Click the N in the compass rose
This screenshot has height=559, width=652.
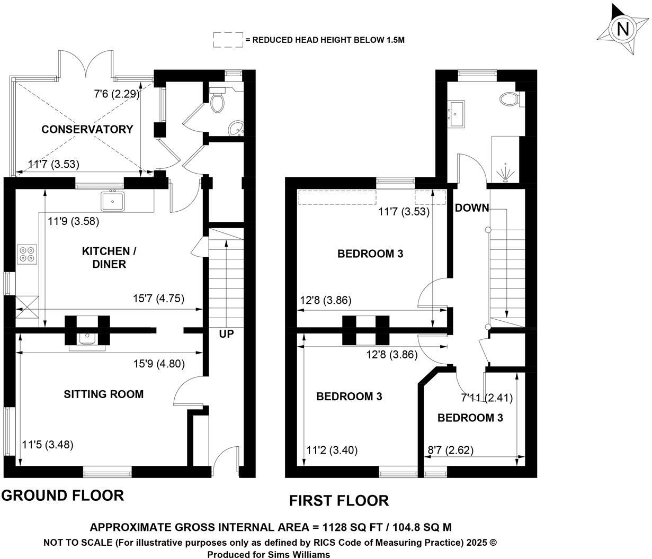pyautogui.click(x=622, y=30)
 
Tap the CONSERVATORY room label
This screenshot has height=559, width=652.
pyautogui.click(x=87, y=129)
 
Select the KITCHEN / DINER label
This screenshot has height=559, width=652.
pyautogui.click(x=109, y=258)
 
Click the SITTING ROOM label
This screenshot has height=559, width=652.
pyautogui.click(x=104, y=394)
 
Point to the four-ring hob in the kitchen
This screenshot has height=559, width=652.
pyautogui.click(x=27, y=255)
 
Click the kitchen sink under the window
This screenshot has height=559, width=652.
pyautogui.click(x=113, y=201)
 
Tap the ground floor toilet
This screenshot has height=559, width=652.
pyautogui.click(x=217, y=100)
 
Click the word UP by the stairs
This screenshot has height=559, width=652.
pyautogui.click(x=227, y=334)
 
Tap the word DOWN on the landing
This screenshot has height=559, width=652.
pyautogui.click(x=472, y=208)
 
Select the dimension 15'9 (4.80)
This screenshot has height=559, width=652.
pyautogui.click(x=159, y=364)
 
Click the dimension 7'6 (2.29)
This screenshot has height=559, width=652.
pyautogui.click(x=117, y=94)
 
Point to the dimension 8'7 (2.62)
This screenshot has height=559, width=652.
pyautogui.click(x=450, y=450)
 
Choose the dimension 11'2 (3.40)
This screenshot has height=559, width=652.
pyautogui.click(x=332, y=450)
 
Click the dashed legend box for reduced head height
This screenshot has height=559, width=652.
pyautogui.click(x=228, y=40)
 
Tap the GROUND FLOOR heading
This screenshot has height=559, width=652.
pyautogui.click(x=62, y=495)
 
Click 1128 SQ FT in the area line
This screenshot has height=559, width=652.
pyautogui.click(x=352, y=527)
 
